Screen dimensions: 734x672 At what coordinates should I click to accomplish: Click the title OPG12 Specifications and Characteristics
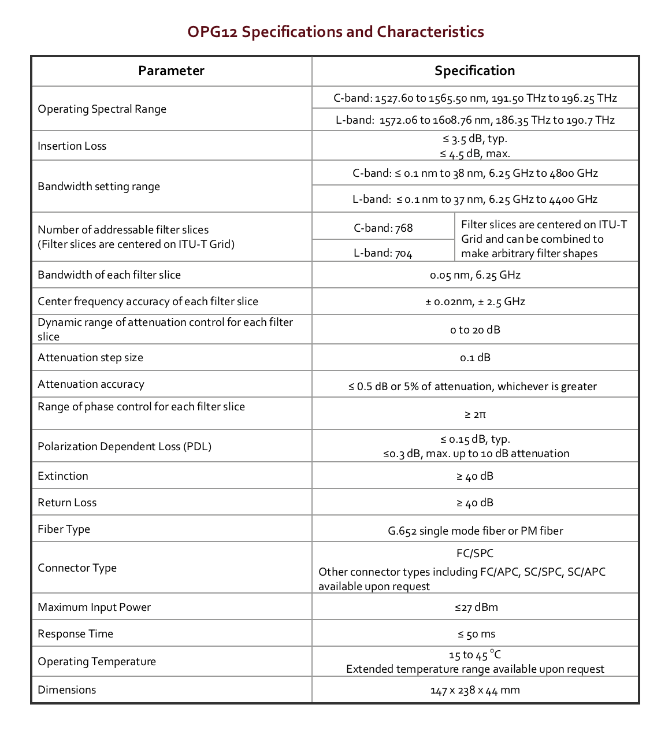[x=336, y=31]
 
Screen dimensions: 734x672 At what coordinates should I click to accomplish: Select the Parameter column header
[x=171, y=71]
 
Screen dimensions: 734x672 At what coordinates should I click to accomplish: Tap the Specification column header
[x=474, y=71]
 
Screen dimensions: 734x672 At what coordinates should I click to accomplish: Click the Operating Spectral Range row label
[x=102, y=109]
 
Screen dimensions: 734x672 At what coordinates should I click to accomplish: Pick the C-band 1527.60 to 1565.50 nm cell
[x=475, y=98]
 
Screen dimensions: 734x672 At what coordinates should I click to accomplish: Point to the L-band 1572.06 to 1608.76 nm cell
[x=475, y=120]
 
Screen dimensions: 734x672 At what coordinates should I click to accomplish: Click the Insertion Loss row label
[x=72, y=146]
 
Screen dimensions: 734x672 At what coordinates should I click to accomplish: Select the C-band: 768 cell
[x=383, y=228]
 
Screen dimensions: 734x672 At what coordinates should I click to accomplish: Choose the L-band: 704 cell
[x=383, y=253]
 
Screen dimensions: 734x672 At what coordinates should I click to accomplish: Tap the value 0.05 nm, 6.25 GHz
[x=475, y=275]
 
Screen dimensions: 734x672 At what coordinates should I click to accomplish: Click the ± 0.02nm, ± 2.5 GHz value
[x=475, y=302]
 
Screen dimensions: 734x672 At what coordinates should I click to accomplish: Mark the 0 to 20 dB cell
[x=475, y=330]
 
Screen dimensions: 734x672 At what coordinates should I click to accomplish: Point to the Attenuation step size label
[x=91, y=358]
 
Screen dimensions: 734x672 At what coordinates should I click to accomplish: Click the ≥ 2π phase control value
[x=475, y=414]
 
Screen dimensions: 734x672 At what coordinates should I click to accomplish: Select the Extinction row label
[x=63, y=476]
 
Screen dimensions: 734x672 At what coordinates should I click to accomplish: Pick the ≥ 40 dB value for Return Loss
[x=475, y=503]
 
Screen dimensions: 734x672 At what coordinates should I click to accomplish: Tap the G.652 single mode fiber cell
[x=475, y=531]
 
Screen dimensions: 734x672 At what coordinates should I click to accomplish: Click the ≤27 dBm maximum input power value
[x=476, y=607]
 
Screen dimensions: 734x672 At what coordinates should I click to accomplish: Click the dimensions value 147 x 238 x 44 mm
[x=475, y=690]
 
